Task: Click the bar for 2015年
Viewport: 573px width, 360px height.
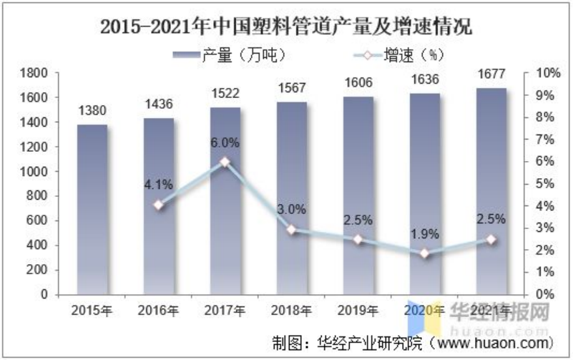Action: pos(92,209)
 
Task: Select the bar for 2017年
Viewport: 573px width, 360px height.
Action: pos(226,200)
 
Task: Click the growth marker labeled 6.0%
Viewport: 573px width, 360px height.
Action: pos(226,162)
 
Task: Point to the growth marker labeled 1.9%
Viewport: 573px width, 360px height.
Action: pos(425,253)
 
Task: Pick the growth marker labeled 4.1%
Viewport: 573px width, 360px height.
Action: pos(159,205)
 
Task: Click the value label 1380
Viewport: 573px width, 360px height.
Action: pos(92,111)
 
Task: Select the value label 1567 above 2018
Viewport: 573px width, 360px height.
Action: pos(292,88)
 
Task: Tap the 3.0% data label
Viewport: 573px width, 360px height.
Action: pos(292,210)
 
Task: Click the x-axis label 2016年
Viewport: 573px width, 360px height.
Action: pos(159,311)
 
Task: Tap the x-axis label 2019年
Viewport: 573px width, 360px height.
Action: pos(358,311)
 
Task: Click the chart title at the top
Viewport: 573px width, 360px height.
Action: pos(286,27)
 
